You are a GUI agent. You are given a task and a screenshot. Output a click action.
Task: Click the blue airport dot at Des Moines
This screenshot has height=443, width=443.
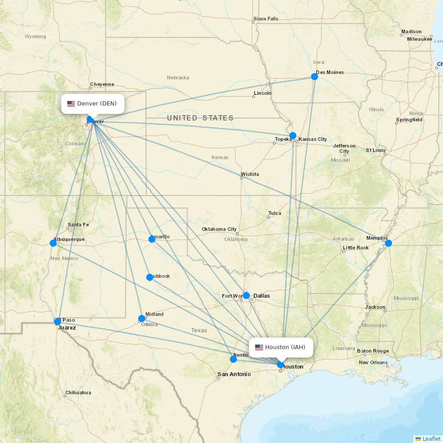pos(315,77)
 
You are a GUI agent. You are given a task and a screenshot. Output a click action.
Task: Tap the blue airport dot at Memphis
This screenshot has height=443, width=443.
pos(389,243)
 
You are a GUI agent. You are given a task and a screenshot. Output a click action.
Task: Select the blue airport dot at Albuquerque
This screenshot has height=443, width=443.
pos(53,243)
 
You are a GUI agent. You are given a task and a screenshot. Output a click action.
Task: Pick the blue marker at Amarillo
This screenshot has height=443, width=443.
pos(152,239)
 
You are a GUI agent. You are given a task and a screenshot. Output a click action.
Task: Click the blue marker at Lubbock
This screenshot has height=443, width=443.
pos(150,277)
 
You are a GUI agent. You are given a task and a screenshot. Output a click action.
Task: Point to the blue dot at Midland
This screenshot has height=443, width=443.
pos(142,318)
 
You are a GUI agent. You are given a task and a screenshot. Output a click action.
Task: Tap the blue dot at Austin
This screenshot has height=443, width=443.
pos(233,359)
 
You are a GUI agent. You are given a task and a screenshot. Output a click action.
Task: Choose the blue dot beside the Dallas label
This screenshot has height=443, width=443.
pos(246,295)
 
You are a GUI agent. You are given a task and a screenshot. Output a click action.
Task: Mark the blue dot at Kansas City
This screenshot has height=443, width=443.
pos(293,136)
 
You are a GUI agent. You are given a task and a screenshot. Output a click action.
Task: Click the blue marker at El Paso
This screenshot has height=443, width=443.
pos(58,322)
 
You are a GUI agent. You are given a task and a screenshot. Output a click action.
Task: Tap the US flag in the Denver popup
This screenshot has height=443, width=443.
pos(71,104)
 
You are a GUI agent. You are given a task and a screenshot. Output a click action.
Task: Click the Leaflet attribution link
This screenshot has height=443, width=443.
pos(431,439)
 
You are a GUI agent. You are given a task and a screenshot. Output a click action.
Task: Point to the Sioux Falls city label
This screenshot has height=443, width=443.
pos(266,19)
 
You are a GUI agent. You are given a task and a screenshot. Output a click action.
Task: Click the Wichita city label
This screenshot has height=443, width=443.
pos(250,174)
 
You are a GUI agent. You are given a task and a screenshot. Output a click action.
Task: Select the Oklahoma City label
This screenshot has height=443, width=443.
pos(219,229)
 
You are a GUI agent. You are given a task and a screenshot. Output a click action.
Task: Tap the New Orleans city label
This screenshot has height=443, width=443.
pos(373,362)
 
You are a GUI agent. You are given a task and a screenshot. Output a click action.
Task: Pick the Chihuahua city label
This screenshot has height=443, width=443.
pos(78,392)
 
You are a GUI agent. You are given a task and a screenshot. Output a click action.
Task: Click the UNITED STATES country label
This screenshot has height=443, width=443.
pos(200,118)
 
